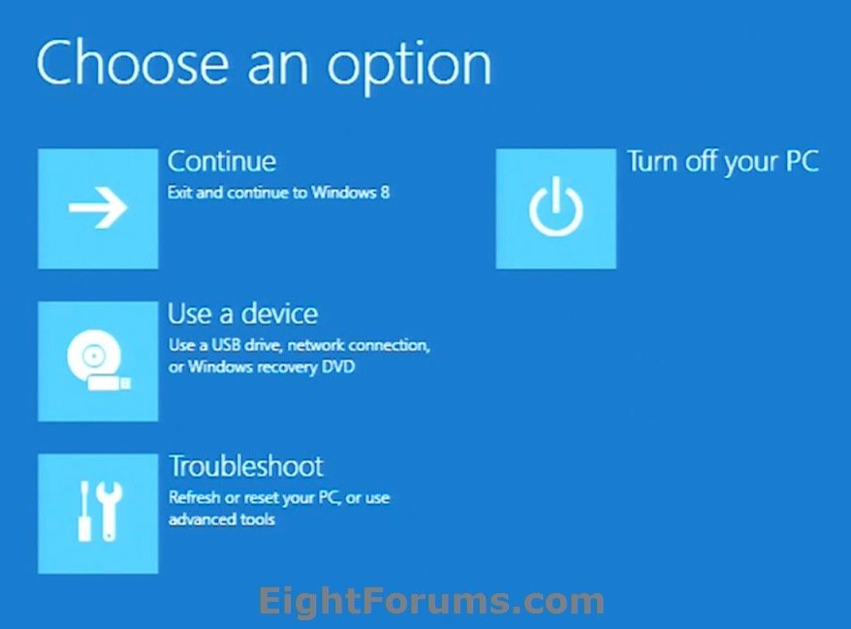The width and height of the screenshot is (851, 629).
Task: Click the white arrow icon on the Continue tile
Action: point(98,209)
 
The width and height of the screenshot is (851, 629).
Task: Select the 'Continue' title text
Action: point(222,161)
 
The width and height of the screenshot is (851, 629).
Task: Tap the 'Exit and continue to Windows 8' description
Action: point(279,192)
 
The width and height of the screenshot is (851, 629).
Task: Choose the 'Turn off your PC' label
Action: point(722,161)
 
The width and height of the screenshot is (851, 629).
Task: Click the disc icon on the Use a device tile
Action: point(88,357)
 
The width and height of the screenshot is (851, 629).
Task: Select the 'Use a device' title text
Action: point(242,314)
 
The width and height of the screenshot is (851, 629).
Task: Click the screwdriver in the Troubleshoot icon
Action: point(83,512)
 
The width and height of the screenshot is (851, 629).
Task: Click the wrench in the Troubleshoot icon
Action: point(110,512)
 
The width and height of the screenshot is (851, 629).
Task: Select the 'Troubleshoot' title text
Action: point(246,466)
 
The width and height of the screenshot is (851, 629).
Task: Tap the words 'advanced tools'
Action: point(222,519)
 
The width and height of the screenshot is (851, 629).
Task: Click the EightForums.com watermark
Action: point(431,602)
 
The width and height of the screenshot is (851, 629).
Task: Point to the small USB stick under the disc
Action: point(109,383)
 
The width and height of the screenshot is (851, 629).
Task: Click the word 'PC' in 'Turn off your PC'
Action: point(800,161)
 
